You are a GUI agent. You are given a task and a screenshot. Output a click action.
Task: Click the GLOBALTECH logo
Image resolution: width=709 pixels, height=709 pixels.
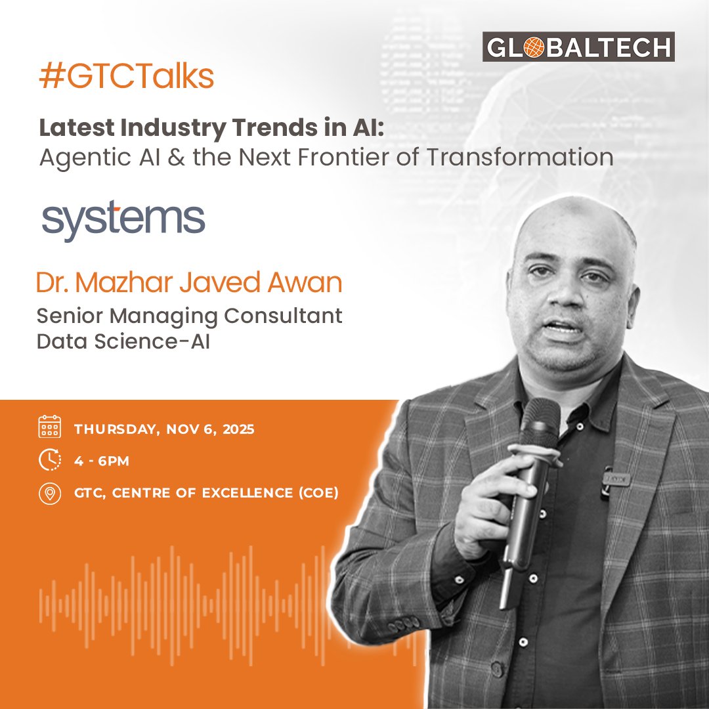pyautogui.click(x=578, y=47)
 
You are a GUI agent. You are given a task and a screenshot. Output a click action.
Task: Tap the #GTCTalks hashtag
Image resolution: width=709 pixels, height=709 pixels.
pyautogui.click(x=127, y=77)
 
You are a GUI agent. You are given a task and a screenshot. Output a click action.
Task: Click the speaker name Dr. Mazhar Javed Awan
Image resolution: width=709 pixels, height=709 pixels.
pyautogui.click(x=189, y=283)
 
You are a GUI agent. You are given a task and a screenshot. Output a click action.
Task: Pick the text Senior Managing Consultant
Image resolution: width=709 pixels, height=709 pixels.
pyautogui.click(x=189, y=316)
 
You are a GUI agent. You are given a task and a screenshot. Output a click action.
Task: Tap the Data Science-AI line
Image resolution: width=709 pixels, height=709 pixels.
pyautogui.click(x=123, y=341)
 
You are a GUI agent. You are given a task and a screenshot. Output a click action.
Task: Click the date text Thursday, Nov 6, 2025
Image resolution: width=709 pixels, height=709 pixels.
pyautogui.click(x=164, y=430)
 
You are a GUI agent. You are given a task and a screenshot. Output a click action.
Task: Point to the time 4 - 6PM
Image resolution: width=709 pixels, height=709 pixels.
pyautogui.click(x=102, y=462)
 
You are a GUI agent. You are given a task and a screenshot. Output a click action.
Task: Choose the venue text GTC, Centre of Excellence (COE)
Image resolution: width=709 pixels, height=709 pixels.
pyautogui.click(x=206, y=494)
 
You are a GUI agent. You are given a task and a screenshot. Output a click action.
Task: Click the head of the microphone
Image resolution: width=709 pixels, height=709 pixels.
pyautogui.click(x=540, y=420)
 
